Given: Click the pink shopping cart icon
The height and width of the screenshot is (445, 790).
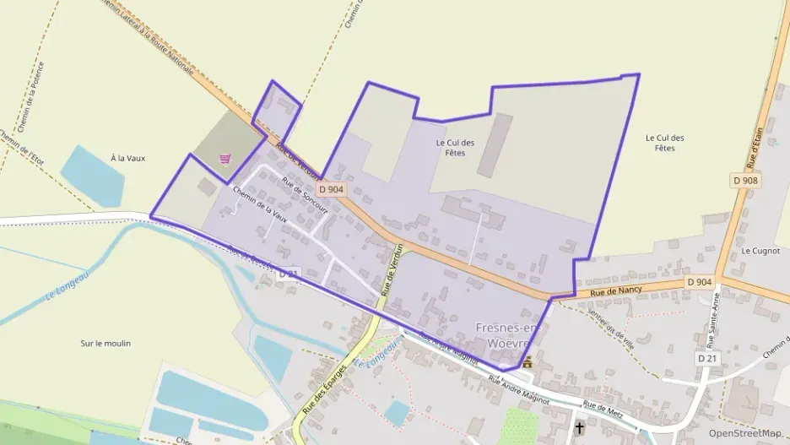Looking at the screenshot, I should click(x=225, y=158).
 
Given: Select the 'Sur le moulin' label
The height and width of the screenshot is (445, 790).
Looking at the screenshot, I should click(x=106, y=344).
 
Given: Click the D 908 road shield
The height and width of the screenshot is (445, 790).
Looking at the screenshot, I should click(x=746, y=180).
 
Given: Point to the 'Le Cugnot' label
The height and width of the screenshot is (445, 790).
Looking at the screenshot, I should click(x=759, y=251).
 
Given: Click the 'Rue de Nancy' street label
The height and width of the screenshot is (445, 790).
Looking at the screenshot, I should click(x=616, y=290).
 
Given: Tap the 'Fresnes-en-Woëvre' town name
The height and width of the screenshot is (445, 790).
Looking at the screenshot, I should click(x=507, y=334).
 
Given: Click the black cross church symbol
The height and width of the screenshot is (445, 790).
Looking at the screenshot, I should click(x=580, y=428).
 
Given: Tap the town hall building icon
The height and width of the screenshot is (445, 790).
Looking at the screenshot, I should click(x=528, y=362).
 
